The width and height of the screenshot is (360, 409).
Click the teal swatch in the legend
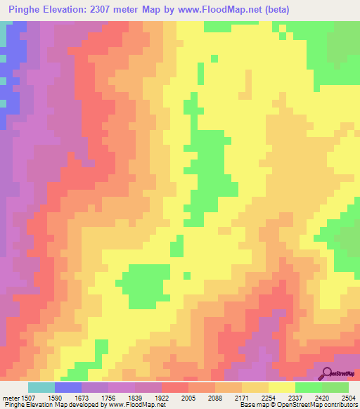[41, 387]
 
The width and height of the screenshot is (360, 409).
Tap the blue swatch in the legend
[68, 387]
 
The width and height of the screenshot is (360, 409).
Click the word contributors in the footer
[340, 405]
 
